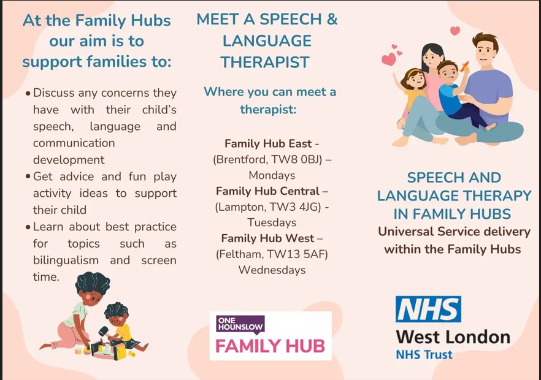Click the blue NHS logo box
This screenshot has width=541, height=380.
[428, 309]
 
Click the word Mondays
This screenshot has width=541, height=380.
[272, 175]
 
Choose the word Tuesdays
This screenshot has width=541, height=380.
[272, 222]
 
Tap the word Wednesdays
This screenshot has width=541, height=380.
[272, 270]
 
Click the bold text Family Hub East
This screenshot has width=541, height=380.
[268, 143]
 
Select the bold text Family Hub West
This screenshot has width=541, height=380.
[267, 238]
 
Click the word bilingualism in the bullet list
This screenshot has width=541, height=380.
[66, 260]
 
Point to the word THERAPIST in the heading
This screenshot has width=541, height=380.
[265, 63]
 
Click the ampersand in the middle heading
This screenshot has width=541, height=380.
[332, 19]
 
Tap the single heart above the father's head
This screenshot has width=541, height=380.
[455, 31]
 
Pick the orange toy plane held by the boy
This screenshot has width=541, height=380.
[464, 66]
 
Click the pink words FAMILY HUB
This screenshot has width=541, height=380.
[270, 346]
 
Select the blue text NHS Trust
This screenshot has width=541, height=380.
[424, 354]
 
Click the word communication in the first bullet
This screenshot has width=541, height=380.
[74, 143]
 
